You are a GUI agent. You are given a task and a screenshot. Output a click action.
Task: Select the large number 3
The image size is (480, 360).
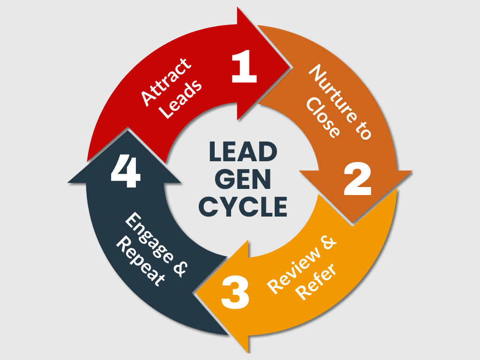[235, 293]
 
